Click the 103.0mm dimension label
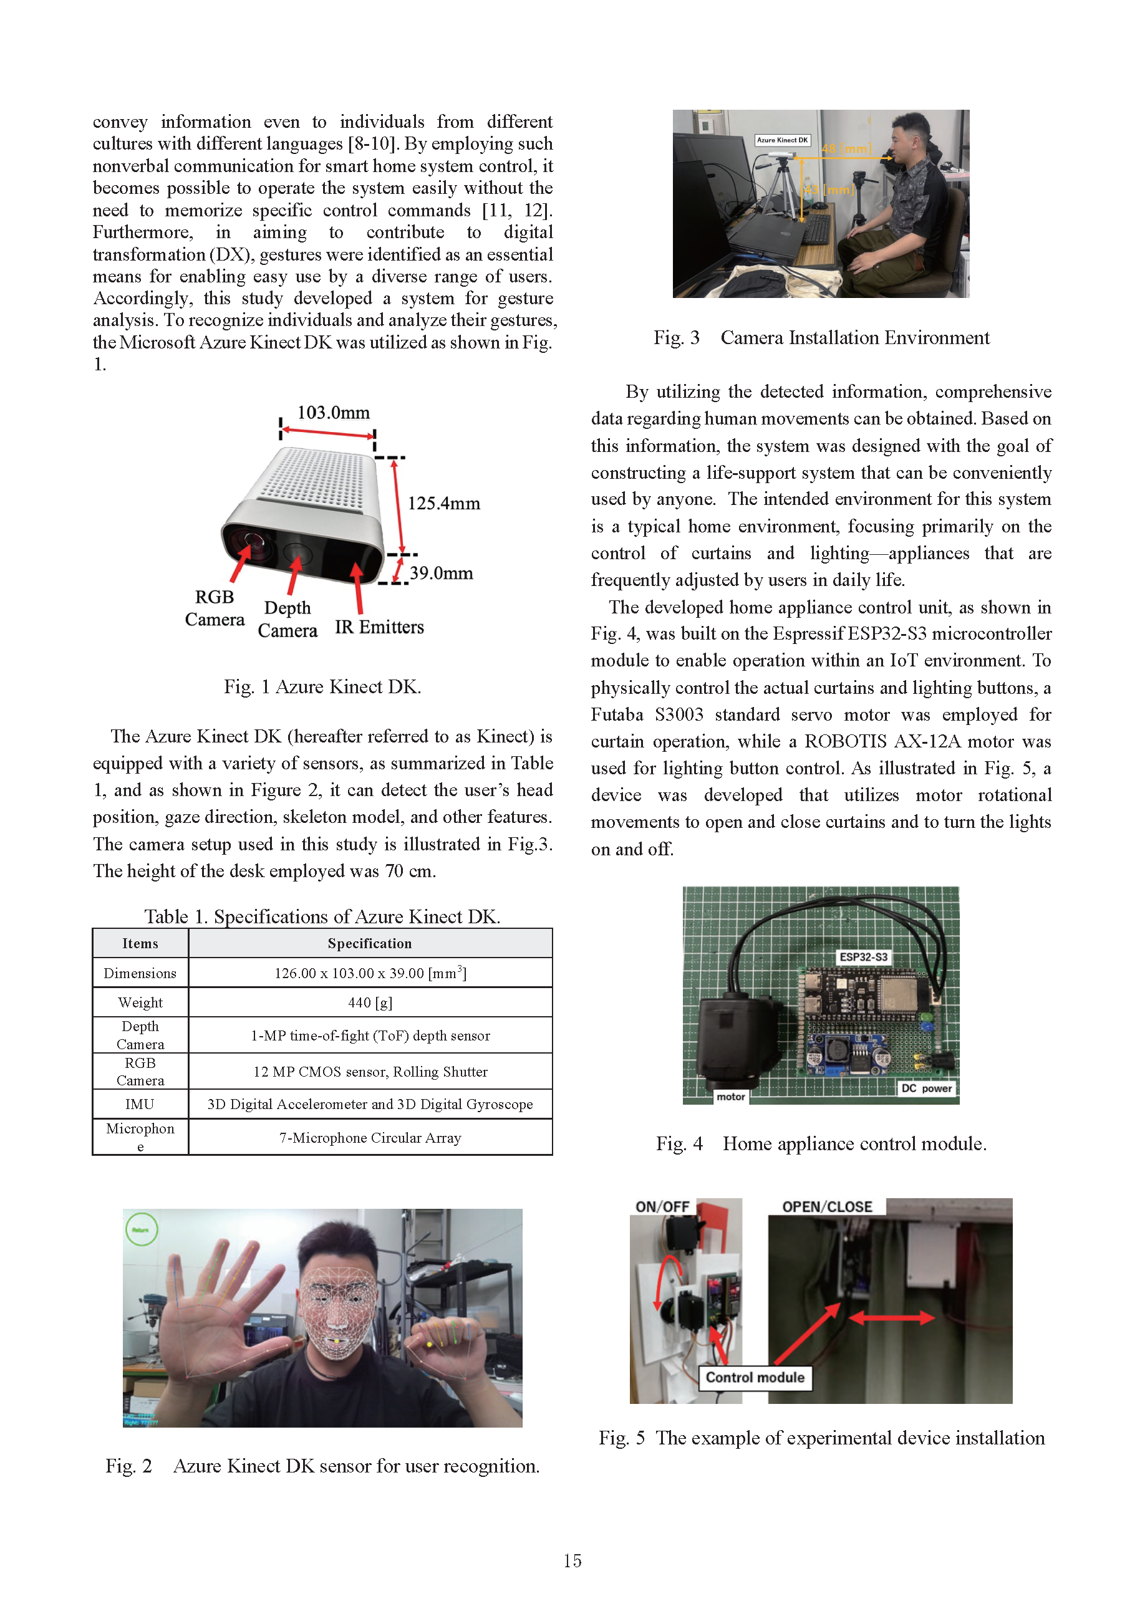(333, 413)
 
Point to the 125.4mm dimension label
(444, 504)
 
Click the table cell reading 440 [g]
(370, 1002)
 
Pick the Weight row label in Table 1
(140, 1002)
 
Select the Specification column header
(370, 943)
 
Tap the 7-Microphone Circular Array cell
(370, 1137)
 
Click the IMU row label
(140, 1103)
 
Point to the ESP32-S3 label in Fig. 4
(863, 957)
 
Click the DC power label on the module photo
(926, 1088)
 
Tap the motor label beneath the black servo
(730, 1097)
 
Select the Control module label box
(755, 1377)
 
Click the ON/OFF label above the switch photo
(662, 1206)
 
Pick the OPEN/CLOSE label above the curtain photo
(827, 1206)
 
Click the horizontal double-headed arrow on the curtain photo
(892, 1317)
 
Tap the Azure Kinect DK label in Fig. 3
(783, 140)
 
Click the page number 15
(572, 1560)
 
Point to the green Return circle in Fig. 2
(141, 1230)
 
